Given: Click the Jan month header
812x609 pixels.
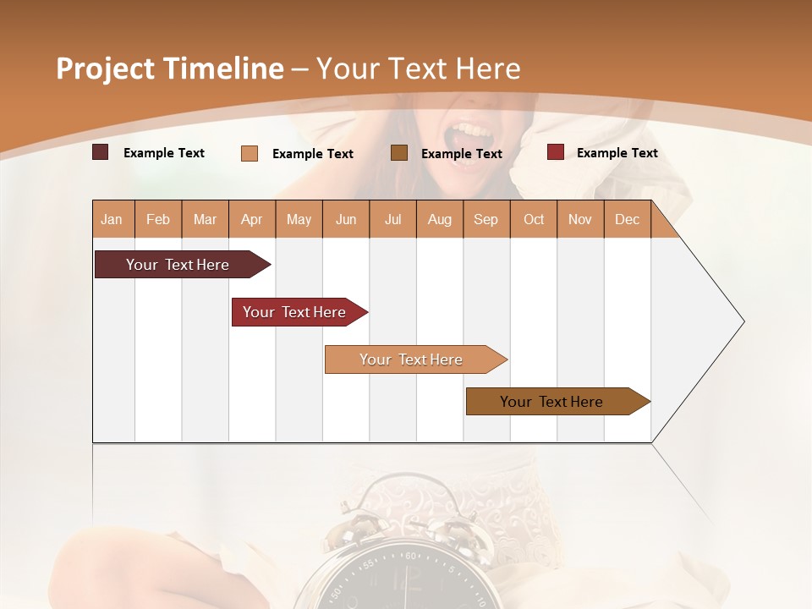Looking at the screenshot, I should (112, 219).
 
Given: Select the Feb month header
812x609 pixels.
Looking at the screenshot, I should (158, 219).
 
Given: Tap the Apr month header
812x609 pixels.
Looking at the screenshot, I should (252, 219).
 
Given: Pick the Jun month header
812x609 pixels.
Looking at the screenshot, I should (346, 219).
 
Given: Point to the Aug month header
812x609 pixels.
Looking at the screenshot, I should (440, 219).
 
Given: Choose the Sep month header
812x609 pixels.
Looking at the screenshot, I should (486, 219).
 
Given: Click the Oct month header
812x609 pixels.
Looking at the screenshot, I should (534, 219).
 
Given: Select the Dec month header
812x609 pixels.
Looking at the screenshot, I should (628, 219).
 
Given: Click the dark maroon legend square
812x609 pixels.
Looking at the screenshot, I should (100, 152).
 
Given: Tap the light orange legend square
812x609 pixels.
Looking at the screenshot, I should (250, 153).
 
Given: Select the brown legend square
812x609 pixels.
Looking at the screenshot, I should (399, 152).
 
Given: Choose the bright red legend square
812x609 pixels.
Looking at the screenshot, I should (556, 152).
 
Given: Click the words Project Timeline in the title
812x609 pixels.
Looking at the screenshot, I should (170, 69).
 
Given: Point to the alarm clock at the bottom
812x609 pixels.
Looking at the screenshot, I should (398, 550).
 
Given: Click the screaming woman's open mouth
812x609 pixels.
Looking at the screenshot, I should (468, 135).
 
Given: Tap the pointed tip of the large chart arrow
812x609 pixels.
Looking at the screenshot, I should (742, 321).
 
